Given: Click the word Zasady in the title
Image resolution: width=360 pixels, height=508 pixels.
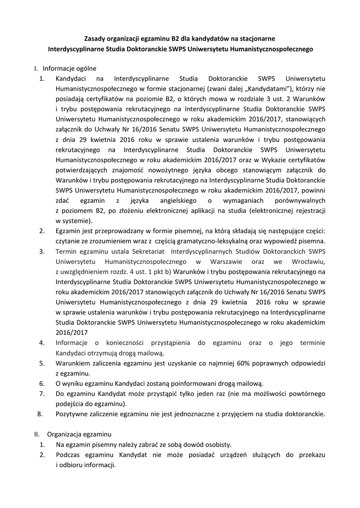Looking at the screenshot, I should tap(95, 38).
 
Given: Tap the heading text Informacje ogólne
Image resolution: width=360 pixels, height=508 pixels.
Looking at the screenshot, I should tap(70, 68).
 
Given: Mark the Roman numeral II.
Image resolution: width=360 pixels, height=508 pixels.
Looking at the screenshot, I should tap(37, 434).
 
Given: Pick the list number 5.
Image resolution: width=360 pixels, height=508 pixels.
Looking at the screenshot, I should tap(42, 363).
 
